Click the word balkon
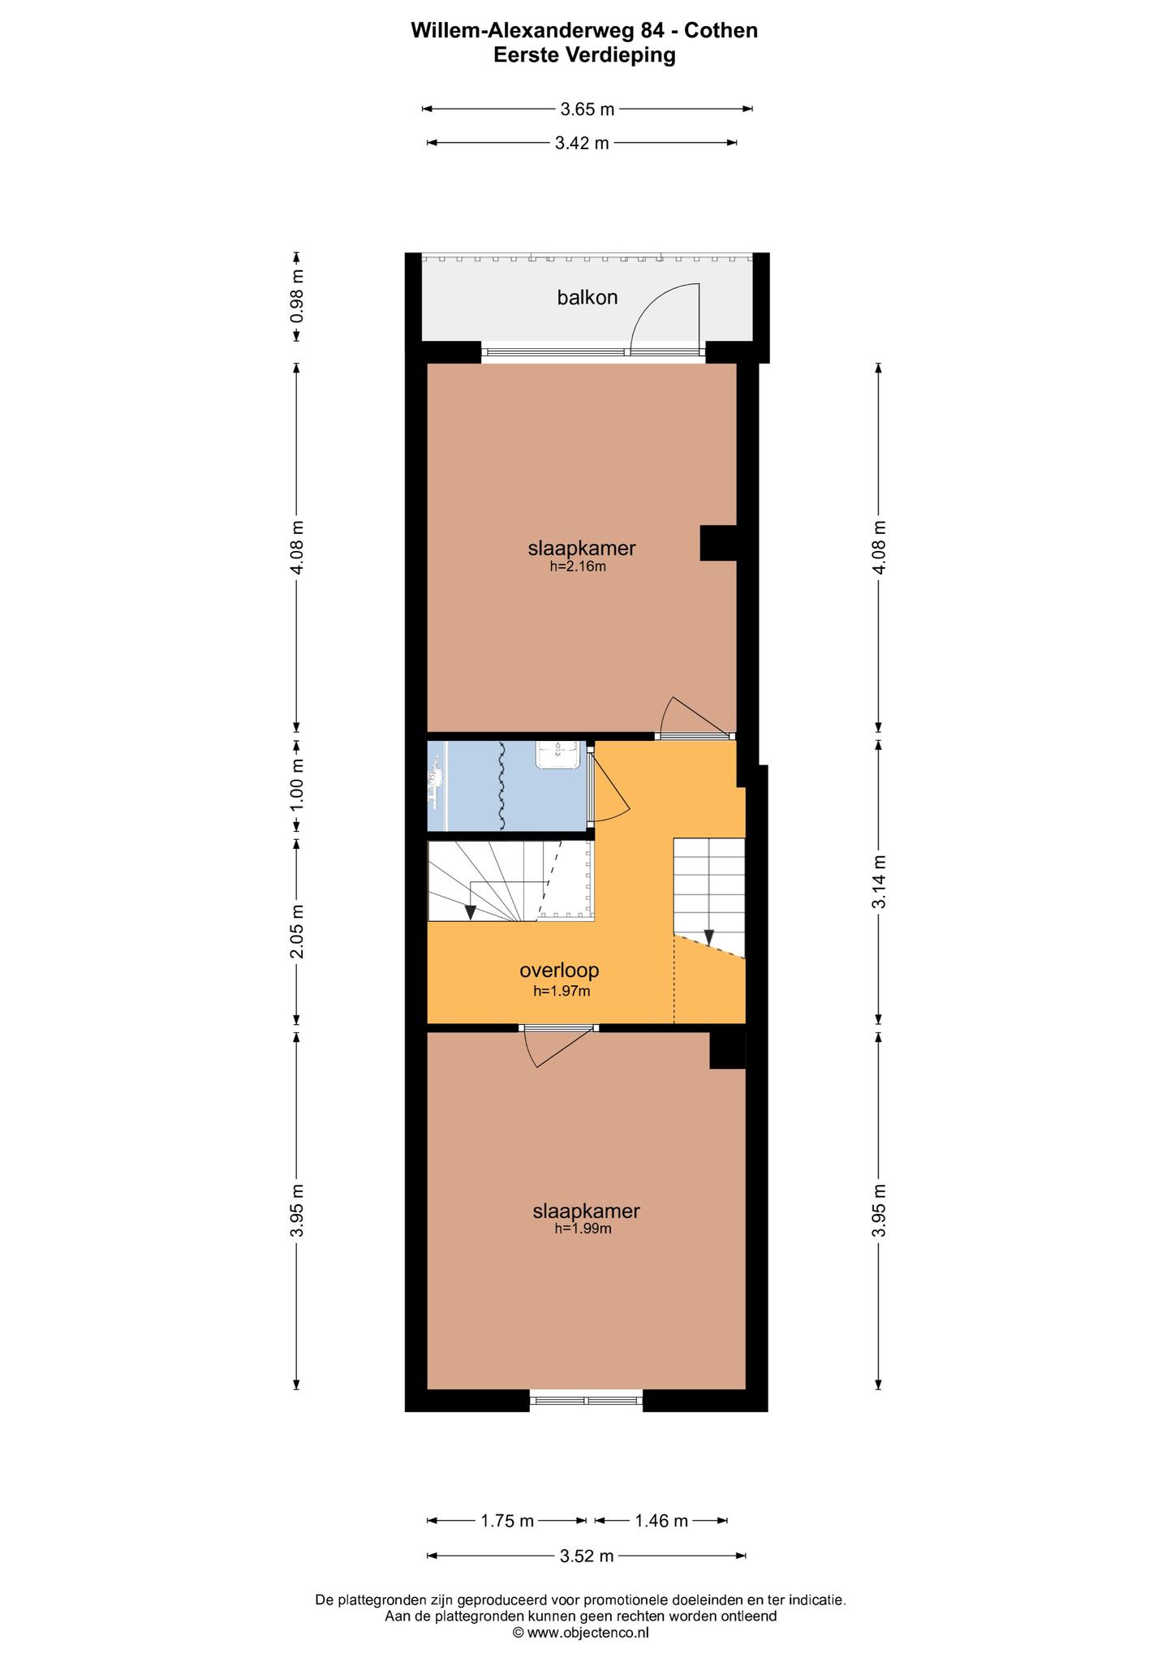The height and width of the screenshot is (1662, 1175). (x=587, y=298)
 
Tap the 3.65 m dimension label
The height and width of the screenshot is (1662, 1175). (x=587, y=109)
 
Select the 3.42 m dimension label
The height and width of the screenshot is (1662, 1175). (x=582, y=144)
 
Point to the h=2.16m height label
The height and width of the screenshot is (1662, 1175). (x=578, y=567)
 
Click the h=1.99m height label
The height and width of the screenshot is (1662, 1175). (x=583, y=1229)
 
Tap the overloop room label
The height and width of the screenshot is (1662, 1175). (x=559, y=970)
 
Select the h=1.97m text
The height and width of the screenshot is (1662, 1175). (x=561, y=991)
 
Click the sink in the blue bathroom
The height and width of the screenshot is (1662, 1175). (x=559, y=754)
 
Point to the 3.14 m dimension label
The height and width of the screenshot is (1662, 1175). (x=878, y=882)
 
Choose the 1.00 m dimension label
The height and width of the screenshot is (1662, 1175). (x=298, y=783)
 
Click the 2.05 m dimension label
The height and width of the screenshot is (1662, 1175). (x=298, y=931)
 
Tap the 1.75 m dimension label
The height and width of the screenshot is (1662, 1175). (x=507, y=1521)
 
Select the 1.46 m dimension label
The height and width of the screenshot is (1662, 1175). (x=661, y=1521)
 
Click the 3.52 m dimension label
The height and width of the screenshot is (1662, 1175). (x=587, y=1556)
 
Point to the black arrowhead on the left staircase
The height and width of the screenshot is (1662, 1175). (x=471, y=912)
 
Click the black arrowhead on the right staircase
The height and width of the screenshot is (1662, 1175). (x=708, y=937)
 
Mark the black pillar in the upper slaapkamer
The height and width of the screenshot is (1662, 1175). (x=718, y=543)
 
